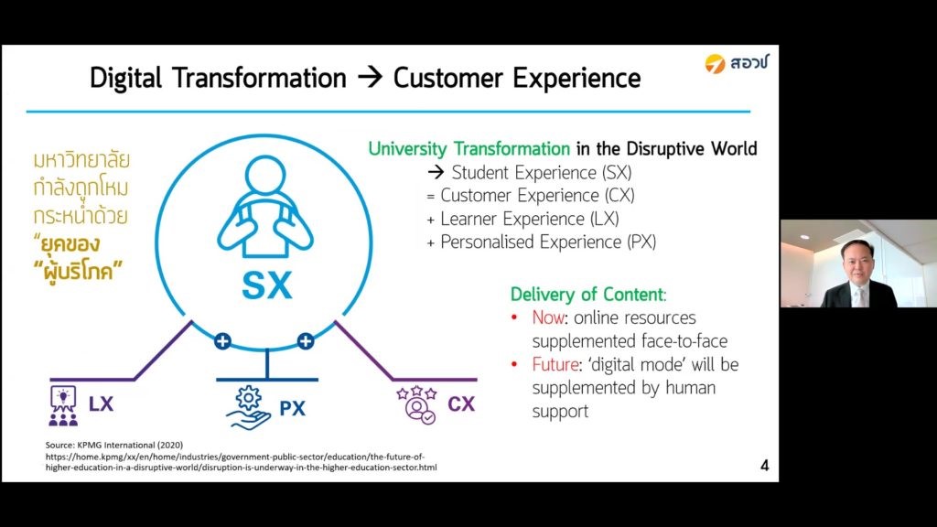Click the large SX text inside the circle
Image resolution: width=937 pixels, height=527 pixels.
[267, 285]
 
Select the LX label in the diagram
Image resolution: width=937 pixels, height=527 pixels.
[101, 403]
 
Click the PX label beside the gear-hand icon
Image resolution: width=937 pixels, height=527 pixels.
[292, 408]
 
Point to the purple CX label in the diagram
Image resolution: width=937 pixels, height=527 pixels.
[461, 404]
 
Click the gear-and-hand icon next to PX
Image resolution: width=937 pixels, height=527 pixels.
[249, 408]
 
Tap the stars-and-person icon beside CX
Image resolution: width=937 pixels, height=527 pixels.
[417, 405]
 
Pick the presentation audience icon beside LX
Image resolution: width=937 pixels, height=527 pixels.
[63, 405]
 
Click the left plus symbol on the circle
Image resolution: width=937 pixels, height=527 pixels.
[223, 341]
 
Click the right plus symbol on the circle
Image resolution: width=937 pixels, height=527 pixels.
[306, 341]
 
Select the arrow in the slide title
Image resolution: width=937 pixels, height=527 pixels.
[370, 78]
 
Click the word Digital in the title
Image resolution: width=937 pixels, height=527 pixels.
[126, 79]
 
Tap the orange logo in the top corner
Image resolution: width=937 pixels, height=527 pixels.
[715, 63]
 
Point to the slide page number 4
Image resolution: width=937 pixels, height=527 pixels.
[764, 466]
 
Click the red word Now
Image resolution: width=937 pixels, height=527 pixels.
[548, 317]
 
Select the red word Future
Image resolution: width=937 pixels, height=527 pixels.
[555, 364]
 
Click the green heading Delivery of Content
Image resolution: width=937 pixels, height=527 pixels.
[587, 295]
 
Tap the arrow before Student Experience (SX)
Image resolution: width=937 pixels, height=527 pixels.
[436, 173]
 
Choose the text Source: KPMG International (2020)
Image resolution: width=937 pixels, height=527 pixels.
[114, 446]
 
